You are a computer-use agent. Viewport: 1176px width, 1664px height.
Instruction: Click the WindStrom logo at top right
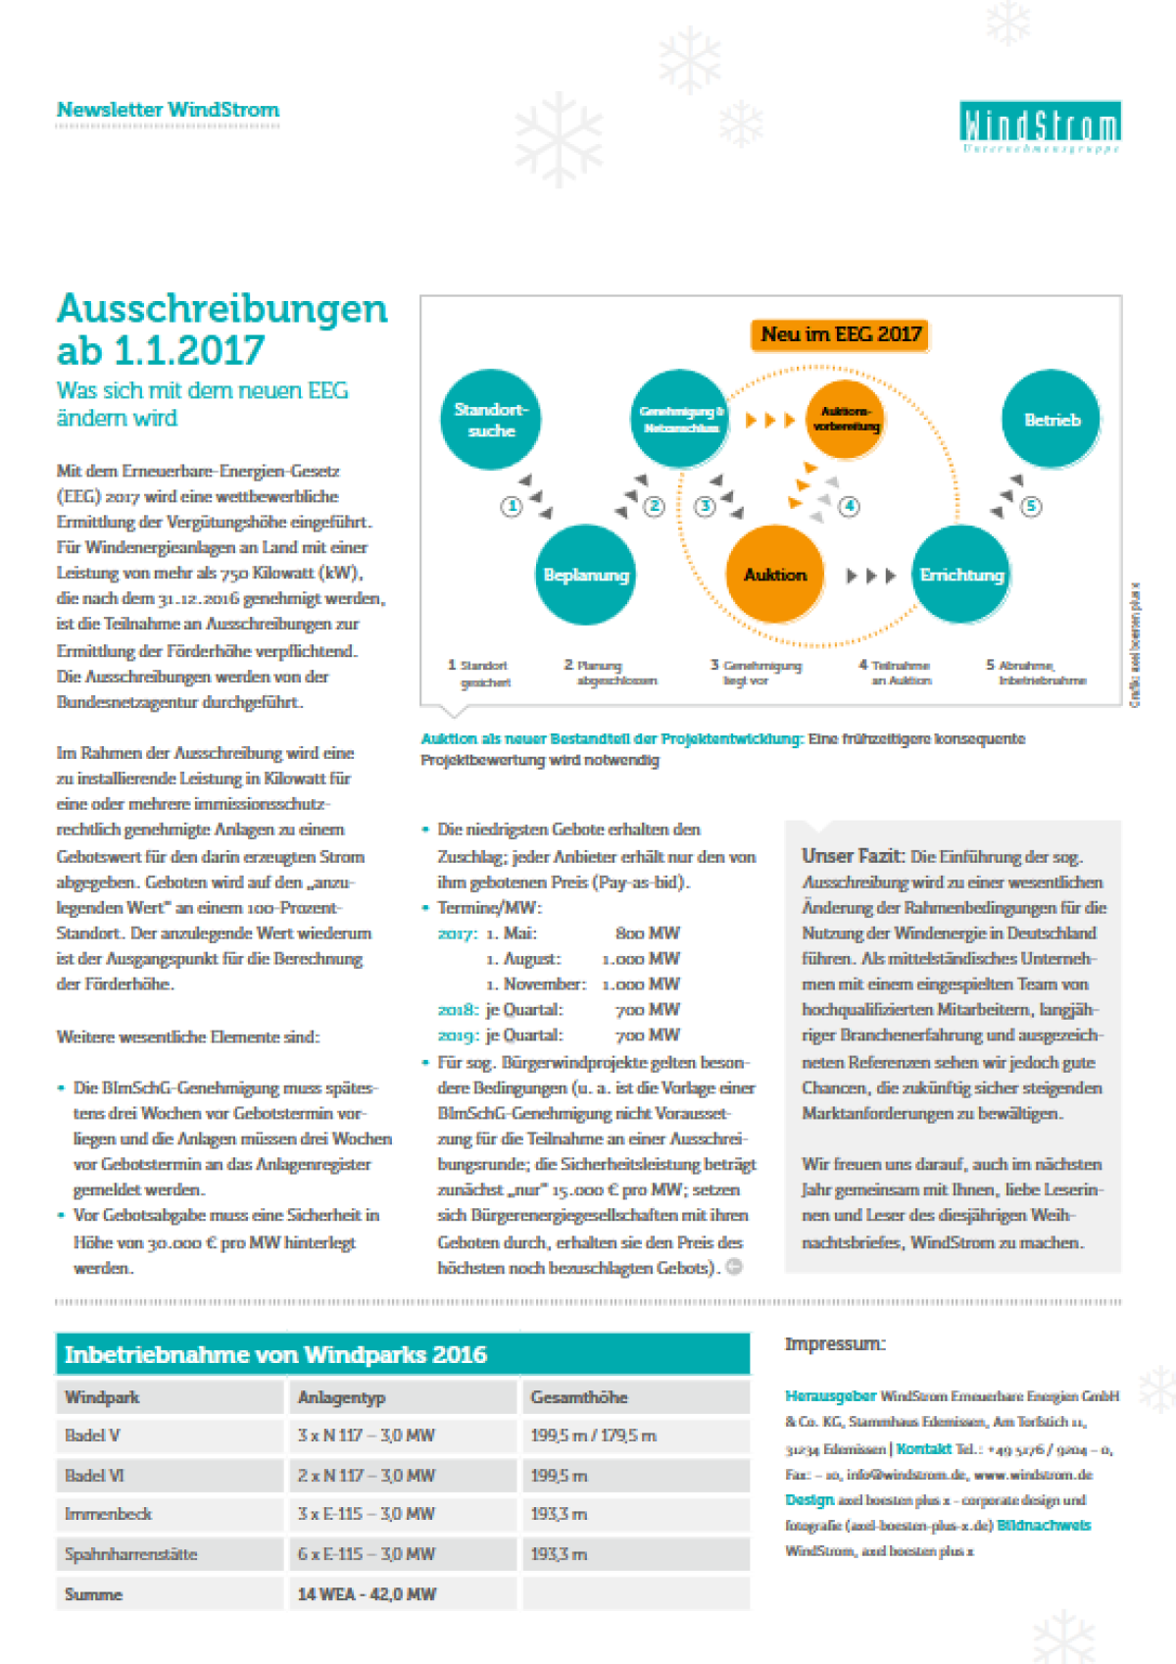pos(1040,126)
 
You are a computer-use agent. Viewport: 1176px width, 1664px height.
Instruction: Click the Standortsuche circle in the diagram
pos(491,420)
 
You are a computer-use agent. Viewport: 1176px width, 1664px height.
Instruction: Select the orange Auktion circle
pos(775,575)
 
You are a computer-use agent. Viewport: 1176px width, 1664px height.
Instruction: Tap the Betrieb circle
pos(1052,420)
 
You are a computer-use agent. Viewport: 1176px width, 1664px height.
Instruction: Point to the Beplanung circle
pos(586,575)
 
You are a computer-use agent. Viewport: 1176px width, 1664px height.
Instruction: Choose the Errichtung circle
pos(961,575)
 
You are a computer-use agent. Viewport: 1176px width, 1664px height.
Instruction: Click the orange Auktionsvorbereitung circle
pos(845,420)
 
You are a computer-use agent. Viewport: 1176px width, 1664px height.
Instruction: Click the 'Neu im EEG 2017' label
pos(841,334)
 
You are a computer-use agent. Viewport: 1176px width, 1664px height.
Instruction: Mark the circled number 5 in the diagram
pos(1031,506)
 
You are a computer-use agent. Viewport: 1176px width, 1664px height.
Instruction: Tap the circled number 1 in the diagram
pos(511,506)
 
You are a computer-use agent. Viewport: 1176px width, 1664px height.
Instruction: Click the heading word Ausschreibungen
pos(222,308)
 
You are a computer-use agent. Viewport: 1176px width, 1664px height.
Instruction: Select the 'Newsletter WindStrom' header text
pos(168,110)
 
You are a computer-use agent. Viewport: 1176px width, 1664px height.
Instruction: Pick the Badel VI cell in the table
pos(95,1475)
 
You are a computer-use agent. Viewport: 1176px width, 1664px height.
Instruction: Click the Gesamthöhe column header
pos(579,1397)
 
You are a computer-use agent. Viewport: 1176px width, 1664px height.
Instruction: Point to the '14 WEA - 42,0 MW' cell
pos(367,1594)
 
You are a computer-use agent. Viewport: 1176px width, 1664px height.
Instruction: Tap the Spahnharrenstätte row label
pos(131,1554)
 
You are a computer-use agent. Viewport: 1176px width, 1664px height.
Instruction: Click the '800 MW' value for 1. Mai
pos(647,933)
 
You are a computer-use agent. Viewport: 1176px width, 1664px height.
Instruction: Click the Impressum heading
pos(835,1343)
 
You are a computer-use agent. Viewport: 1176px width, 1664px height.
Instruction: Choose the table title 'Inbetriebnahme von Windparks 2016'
pos(276,1354)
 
